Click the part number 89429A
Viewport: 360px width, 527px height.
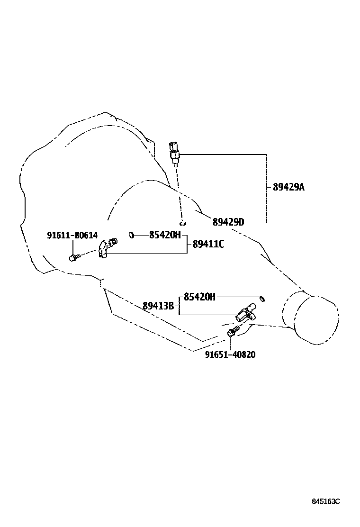coord(288,187)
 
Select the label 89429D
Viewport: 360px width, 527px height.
coord(228,222)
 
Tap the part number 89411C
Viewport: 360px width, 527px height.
coord(208,244)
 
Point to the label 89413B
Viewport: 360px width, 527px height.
coord(158,306)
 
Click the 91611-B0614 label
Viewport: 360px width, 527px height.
coord(72,236)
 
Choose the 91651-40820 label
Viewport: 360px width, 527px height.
coord(230,354)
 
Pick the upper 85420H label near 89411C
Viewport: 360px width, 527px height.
coord(165,235)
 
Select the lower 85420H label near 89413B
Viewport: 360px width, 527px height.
coord(199,297)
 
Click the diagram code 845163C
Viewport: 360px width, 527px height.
coord(326,501)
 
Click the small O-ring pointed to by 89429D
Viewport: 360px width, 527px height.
coord(182,222)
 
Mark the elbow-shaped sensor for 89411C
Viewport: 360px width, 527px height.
coord(107,248)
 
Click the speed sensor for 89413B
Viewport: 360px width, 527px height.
coord(246,313)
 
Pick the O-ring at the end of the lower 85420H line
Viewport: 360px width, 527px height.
coord(262,298)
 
